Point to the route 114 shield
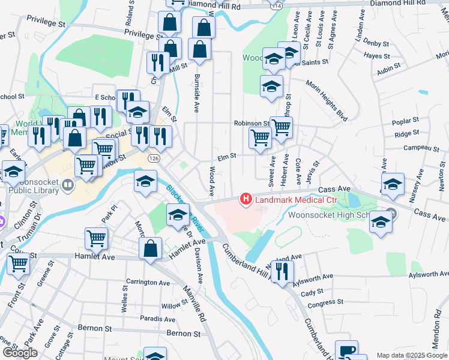click(276, 5)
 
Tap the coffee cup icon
click(346, 350)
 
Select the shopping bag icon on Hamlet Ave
click(151, 248)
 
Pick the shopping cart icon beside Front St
click(18, 262)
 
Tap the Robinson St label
click(251, 123)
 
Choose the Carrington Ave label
click(148, 282)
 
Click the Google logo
click(20, 353)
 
